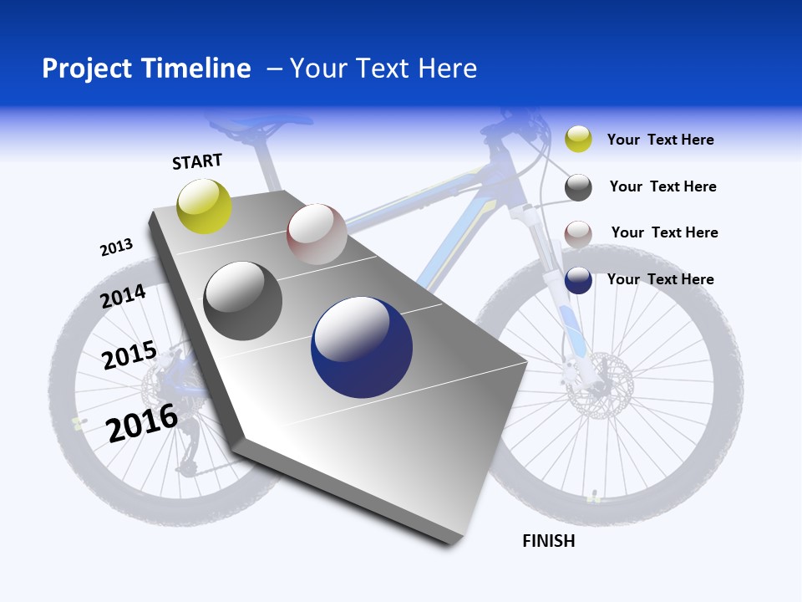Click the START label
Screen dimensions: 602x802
tap(197, 161)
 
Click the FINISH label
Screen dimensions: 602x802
tap(548, 541)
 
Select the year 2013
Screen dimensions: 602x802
tap(116, 247)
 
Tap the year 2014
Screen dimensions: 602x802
tap(124, 297)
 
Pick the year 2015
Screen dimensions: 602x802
tap(129, 355)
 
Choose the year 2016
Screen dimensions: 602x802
tap(142, 422)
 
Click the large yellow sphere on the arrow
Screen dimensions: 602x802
tap(205, 206)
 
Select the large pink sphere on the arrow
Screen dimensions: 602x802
tap(317, 234)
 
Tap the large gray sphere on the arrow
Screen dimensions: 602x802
tap(243, 301)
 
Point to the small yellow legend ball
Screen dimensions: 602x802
tap(578, 139)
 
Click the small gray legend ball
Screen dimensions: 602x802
tap(578, 187)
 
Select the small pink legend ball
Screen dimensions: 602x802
tap(578, 234)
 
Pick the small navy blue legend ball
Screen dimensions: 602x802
tap(578, 280)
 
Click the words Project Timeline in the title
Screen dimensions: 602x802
tap(146, 69)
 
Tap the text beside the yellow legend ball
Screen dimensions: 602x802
tap(660, 140)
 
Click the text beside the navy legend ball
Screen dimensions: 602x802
tap(660, 279)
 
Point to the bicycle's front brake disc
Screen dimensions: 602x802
tap(599, 383)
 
